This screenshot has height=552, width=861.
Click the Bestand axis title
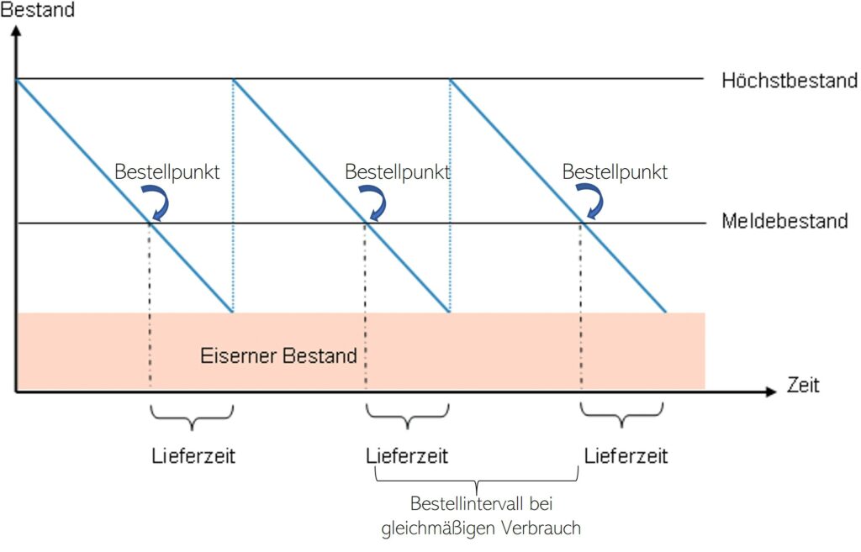[38, 11]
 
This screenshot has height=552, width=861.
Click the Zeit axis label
[802, 386]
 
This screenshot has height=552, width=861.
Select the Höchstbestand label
[789, 81]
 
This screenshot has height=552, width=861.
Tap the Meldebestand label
[784, 222]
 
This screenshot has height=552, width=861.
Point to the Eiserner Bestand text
[278, 356]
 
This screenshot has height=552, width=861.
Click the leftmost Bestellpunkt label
[166, 172]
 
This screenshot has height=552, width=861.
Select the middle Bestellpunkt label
[398, 172]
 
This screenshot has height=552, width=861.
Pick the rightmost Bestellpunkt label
[615, 172]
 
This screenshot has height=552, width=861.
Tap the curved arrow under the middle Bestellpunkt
[377, 202]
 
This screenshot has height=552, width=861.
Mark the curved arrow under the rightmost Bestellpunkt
[593, 202]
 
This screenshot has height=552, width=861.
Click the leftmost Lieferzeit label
[193, 457]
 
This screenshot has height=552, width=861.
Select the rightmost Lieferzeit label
[626, 457]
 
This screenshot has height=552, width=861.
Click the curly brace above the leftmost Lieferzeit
[192, 415]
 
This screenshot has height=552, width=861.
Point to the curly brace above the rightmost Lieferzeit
[622, 415]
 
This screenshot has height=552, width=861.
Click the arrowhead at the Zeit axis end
[769, 392]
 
